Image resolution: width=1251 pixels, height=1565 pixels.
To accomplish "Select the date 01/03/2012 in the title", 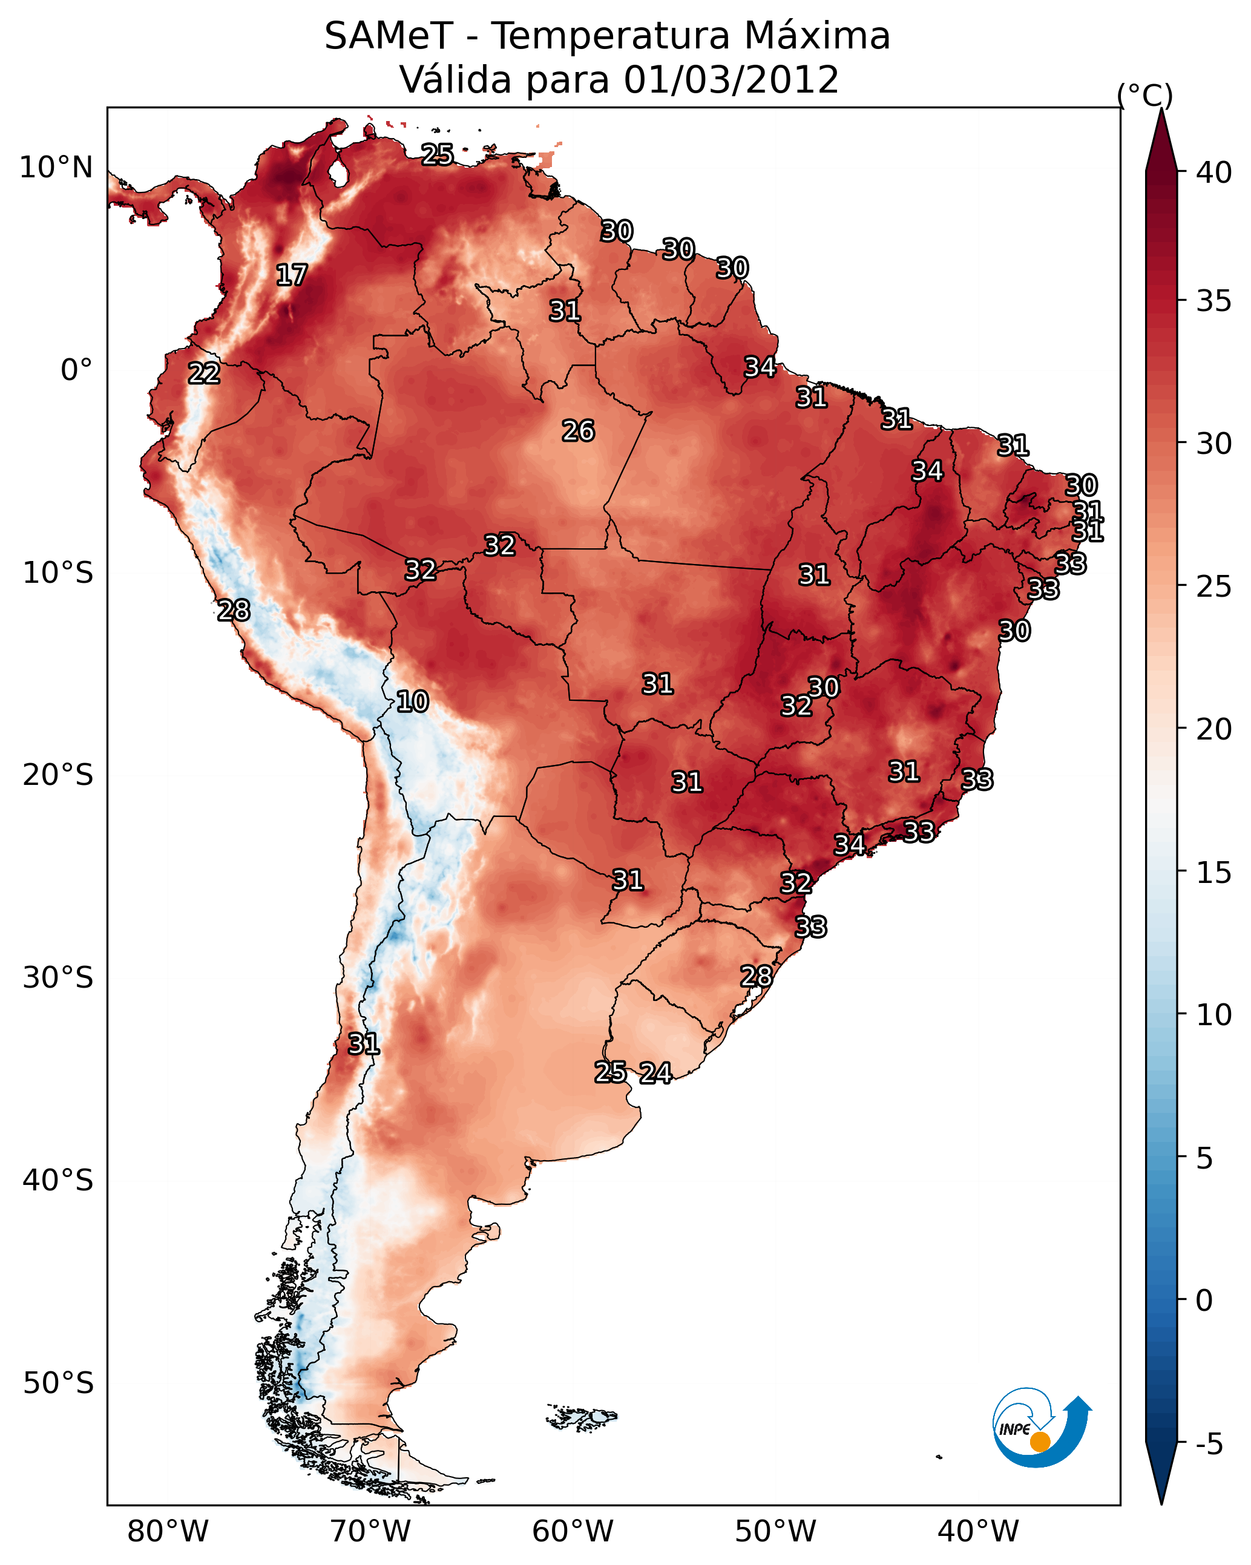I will click(x=731, y=80).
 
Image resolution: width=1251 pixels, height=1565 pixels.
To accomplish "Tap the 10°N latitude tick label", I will click(x=56, y=168).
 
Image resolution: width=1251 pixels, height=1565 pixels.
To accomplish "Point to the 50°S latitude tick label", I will click(x=58, y=1383).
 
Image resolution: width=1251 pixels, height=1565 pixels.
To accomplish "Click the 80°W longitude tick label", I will click(x=168, y=1532).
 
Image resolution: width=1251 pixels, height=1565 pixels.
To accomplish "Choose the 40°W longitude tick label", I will click(x=978, y=1532).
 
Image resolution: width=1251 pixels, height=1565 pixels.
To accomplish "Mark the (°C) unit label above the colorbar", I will click(x=1145, y=95).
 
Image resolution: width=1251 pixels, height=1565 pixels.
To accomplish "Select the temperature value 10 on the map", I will click(x=412, y=702).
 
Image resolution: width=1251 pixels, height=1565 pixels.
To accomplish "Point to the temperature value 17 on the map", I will click(x=292, y=275).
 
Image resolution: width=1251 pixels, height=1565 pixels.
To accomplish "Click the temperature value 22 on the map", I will click(x=204, y=374).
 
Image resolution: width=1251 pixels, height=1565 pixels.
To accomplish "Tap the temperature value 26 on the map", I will click(x=578, y=431).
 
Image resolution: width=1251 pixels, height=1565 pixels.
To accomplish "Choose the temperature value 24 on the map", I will click(x=655, y=1073).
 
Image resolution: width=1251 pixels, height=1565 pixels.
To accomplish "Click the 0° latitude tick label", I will click(x=76, y=370).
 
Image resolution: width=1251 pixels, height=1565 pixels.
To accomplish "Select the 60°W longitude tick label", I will click(x=573, y=1532).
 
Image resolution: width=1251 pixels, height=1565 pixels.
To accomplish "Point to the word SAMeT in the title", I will click(x=389, y=36).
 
